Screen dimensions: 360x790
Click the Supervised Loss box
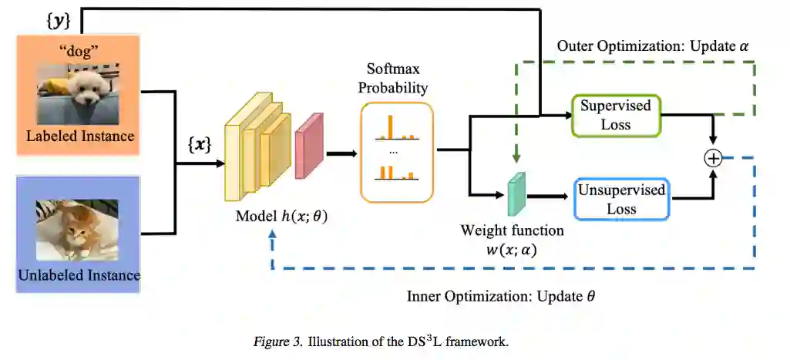pos(616,116)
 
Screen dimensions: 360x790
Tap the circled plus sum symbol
pos(713,158)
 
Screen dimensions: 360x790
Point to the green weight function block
pos(515,193)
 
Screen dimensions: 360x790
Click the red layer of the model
pos(308,146)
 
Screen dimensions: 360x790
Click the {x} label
pos(200,144)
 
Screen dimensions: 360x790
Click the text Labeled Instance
pos(80,136)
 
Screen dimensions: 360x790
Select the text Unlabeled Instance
pos(78,274)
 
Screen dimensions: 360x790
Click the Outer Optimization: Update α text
pos(652,46)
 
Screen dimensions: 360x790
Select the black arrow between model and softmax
pos(341,153)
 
